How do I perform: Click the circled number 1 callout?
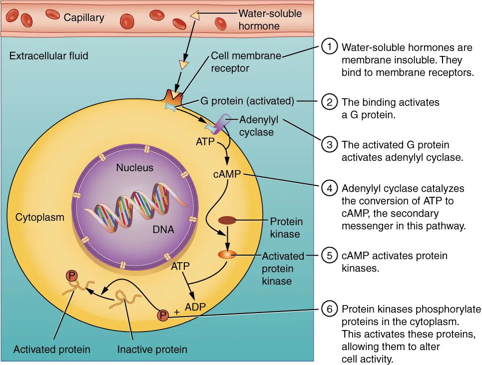(x=329, y=48)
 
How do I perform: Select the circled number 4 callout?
(x=329, y=189)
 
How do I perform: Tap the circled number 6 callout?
(x=329, y=309)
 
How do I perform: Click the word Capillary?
(x=84, y=18)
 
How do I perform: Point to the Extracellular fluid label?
(x=49, y=55)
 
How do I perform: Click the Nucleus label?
(x=135, y=168)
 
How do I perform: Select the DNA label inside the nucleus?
(x=163, y=230)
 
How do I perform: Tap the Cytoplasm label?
(x=40, y=217)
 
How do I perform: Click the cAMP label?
(x=227, y=174)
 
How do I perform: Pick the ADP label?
(x=195, y=306)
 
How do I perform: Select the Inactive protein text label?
(x=152, y=349)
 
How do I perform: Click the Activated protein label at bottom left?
(x=52, y=349)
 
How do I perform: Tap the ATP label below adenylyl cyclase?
(x=205, y=142)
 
